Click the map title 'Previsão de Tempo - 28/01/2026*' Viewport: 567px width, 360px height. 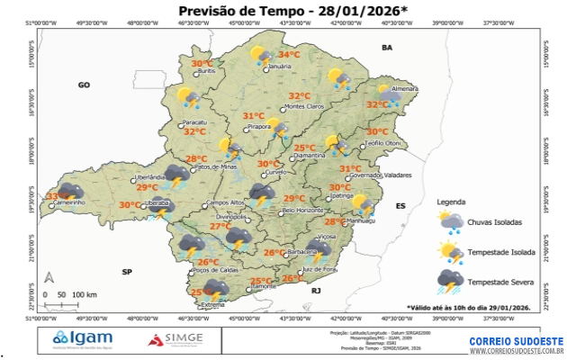286,10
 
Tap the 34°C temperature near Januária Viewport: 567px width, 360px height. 289,54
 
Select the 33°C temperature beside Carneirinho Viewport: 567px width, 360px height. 57,196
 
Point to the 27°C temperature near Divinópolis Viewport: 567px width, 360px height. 219,227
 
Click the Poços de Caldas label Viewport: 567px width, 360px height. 217,270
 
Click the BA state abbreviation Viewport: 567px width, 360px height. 388,47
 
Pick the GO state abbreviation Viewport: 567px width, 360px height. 85,85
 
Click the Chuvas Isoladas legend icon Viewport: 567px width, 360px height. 450,222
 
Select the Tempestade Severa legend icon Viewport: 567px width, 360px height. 450,283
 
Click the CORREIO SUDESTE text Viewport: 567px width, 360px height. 517,341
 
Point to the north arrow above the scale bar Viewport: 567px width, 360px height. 51,278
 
